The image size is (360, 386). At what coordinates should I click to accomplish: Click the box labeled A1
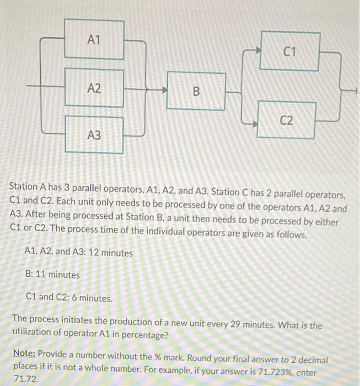pyautogui.click(x=94, y=39)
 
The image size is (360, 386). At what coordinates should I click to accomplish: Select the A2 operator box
pyautogui.click(x=94, y=88)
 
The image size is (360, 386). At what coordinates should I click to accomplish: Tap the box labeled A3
pyautogui.click(x=94, y=134)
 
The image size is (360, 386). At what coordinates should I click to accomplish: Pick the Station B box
pyautogui.click(x=196, y=91)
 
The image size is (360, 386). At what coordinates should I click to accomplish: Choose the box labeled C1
pyautogui.click(x=290, y=51)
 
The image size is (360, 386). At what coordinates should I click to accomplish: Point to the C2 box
pyautogui.click(x=286, y=120)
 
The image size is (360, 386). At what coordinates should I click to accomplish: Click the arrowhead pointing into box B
pyautogui.click(x=164, y=88)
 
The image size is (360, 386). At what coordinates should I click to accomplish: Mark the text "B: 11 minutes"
pyautogui.click(x=52, y=275)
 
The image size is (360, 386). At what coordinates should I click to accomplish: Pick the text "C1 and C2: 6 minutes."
pyautogui.click(x=69, y=298)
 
